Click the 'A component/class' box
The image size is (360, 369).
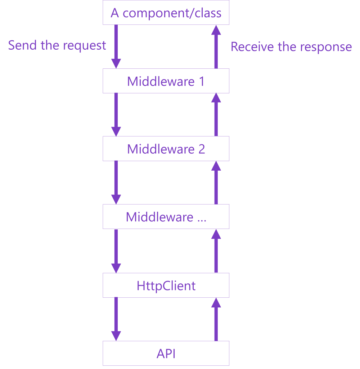pos(166,13)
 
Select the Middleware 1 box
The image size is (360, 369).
pos(166,81)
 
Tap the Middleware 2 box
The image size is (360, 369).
pos(166,149)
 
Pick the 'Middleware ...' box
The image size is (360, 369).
pos(166,217)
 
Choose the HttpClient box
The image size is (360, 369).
pos(166,286)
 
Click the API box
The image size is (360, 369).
pos(166,354)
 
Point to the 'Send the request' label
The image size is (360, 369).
pos(57,46)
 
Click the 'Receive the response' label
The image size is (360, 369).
pos(291,47)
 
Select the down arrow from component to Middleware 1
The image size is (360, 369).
pos(116,46)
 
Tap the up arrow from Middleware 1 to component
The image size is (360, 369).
pos(216,46)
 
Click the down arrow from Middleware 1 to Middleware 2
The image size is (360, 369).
pos(116,114)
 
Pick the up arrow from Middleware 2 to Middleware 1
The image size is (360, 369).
pos(216,114)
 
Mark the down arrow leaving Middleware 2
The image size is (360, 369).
pos(116,182)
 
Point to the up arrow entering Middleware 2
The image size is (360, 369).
pos(216,182)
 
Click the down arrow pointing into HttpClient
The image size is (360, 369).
pos(116,251)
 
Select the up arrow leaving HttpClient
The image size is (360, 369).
pos(216,251)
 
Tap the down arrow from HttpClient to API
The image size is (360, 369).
pos(116,319)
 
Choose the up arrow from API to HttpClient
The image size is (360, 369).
pos(216,319)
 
